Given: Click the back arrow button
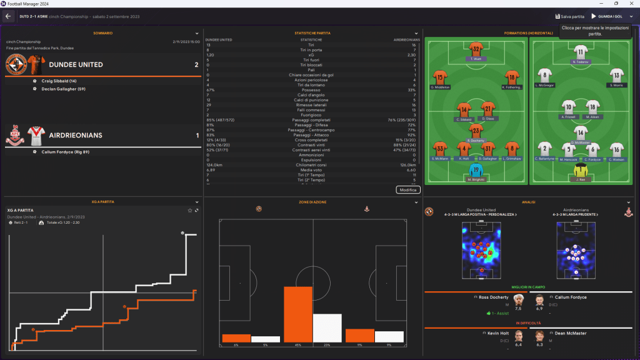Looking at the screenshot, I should (8, 16).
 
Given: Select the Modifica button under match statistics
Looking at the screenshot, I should (407, 189).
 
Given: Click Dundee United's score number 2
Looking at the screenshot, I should (196, 64).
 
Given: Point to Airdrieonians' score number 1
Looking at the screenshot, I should (196, 135).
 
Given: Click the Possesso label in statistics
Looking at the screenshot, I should (311, 89).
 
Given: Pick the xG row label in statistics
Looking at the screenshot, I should (311, 54).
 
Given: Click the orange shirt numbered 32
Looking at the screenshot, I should (477, 49).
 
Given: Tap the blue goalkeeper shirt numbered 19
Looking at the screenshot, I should (477, 170).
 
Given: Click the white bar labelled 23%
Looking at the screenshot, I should (327, 327).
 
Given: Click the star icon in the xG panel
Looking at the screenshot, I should (190, 210).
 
